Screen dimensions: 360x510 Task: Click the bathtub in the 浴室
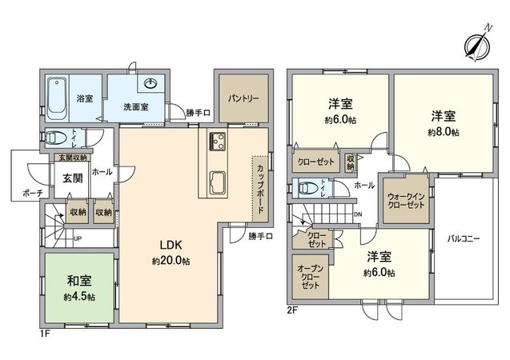(57, 96)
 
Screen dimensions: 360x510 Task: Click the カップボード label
(261, 188)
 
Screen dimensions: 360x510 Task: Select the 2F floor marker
(293, 308)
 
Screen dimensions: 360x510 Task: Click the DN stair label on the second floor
(357, 214)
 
